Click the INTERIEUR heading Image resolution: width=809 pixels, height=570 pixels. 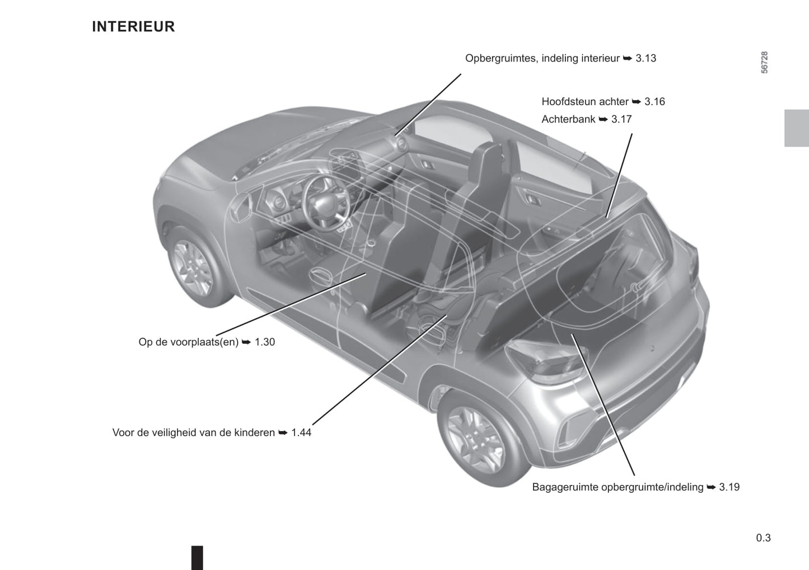tap(133, 27)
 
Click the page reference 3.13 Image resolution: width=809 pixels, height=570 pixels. tap(646, 58)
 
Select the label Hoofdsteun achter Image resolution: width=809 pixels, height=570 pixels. tap(584, 102)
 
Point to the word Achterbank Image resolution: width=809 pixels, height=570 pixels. tap(568, 119)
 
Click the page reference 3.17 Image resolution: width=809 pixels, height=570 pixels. tap(621, 119)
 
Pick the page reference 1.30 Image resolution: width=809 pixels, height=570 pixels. tap(265, 342)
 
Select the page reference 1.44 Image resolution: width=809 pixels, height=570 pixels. tap(301, 432)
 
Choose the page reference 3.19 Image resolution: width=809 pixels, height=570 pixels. tap(729, 487)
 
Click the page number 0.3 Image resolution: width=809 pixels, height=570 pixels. tap(763, 538)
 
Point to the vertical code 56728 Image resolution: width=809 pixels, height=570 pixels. tap(764, 63)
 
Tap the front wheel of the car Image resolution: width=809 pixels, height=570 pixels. tap(195, 267)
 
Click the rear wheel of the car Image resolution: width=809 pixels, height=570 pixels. tap(479, 439)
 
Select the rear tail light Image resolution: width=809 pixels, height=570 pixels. tap(545, 361)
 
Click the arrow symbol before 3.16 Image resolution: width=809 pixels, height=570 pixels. tap(637, 102)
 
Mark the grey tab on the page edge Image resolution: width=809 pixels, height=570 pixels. tap(796, 128)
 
